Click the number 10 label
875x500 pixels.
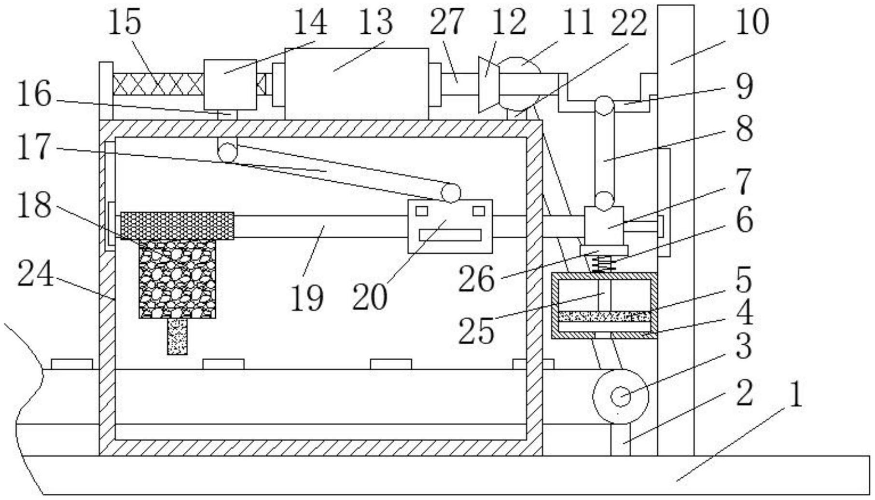[x=752, y=22]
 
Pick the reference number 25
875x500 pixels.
[x=476, y=331]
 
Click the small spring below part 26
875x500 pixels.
[x=603, y=264]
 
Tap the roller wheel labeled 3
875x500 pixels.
[x=621, y=396]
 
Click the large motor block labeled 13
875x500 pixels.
[x=356, y=83]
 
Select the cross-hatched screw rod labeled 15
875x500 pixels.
[x=158, y=84]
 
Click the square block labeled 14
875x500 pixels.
[x=230, y=85]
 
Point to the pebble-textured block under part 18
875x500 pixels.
[x=178, y=279]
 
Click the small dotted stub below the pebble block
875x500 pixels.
[x=177, y=337]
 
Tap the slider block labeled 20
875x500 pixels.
[x=450, y=226]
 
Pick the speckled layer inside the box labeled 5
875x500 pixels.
[x=604, y=317]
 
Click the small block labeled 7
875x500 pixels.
[x=604, y=226]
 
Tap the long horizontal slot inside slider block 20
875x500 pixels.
[x=450, y=235]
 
